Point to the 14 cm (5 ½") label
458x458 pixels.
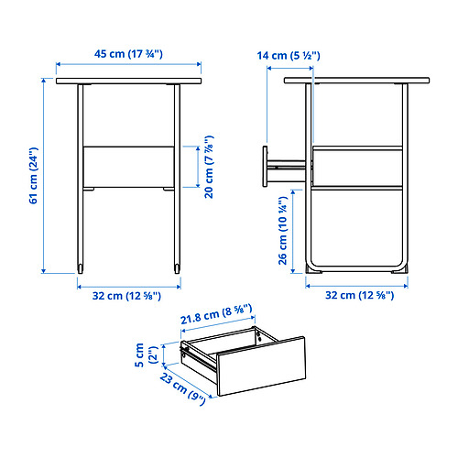click(289, 57)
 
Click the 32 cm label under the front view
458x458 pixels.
click(127, 295)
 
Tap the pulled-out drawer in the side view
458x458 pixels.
click(284, 166)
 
